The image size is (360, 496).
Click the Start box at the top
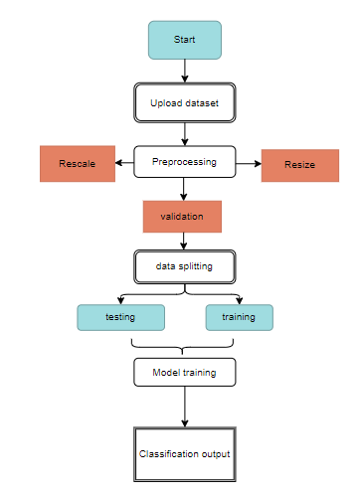coord(185,40)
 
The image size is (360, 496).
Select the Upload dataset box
coord(185,102)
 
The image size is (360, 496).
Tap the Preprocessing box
coord(185,161)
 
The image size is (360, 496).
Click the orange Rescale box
coord(79,164)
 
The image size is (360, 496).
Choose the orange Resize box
coord(300,165)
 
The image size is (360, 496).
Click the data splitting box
coord(185,266)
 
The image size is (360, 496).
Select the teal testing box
coord(120,317)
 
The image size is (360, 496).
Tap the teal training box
coord(239,317)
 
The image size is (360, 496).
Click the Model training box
coord(185,372)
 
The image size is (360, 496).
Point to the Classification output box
coord(185,454)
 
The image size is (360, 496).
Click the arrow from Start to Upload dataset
coord(185,70)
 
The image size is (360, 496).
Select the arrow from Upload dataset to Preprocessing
coord(185,132)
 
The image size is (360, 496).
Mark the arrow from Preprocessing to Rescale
coord(126,162)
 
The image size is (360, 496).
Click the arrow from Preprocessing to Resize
coord(249,162)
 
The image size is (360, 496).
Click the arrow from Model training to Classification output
coord(185,407)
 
